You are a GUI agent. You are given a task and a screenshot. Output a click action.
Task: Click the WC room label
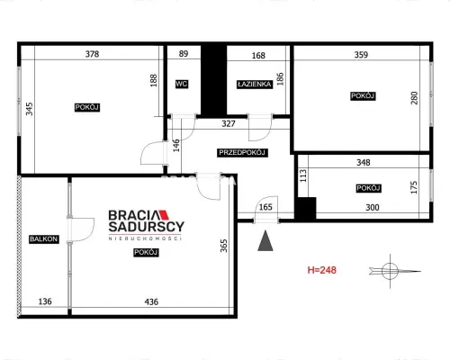click(182, 84)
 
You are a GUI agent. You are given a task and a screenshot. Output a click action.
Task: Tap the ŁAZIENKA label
click(255, 85)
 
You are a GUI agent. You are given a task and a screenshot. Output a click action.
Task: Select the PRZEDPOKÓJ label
click(242, 153)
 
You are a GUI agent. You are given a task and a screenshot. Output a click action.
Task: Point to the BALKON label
click(43, 239)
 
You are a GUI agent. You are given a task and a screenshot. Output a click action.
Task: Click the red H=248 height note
click(322, 270)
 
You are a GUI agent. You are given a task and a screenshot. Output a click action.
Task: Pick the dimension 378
click(92, 54)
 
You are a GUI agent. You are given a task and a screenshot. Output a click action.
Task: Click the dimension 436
click(151, 301)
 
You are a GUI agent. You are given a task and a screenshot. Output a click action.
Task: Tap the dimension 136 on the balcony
click(45, 301)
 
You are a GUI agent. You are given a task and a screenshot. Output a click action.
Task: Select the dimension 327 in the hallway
click(229, 123)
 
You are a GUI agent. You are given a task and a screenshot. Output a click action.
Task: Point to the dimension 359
click(361, 55)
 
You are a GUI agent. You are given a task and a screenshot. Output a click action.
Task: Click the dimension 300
click(373, 207)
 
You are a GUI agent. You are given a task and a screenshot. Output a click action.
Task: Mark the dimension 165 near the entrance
click(265, 207)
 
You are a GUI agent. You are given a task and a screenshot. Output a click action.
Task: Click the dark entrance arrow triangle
click(265, 242)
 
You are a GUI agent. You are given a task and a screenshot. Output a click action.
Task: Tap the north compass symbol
click(390, 271)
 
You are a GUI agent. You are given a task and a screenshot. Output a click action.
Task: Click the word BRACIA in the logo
click(133, 215)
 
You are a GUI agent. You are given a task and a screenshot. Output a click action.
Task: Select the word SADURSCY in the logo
click(146, 227)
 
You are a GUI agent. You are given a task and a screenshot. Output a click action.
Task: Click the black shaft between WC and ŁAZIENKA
click(213, 80)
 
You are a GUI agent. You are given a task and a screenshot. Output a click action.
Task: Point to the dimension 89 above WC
click(184, 54)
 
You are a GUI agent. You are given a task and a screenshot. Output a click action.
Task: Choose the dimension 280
click(414, 98)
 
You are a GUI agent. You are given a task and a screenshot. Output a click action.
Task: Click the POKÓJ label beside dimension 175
click(368, 188)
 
